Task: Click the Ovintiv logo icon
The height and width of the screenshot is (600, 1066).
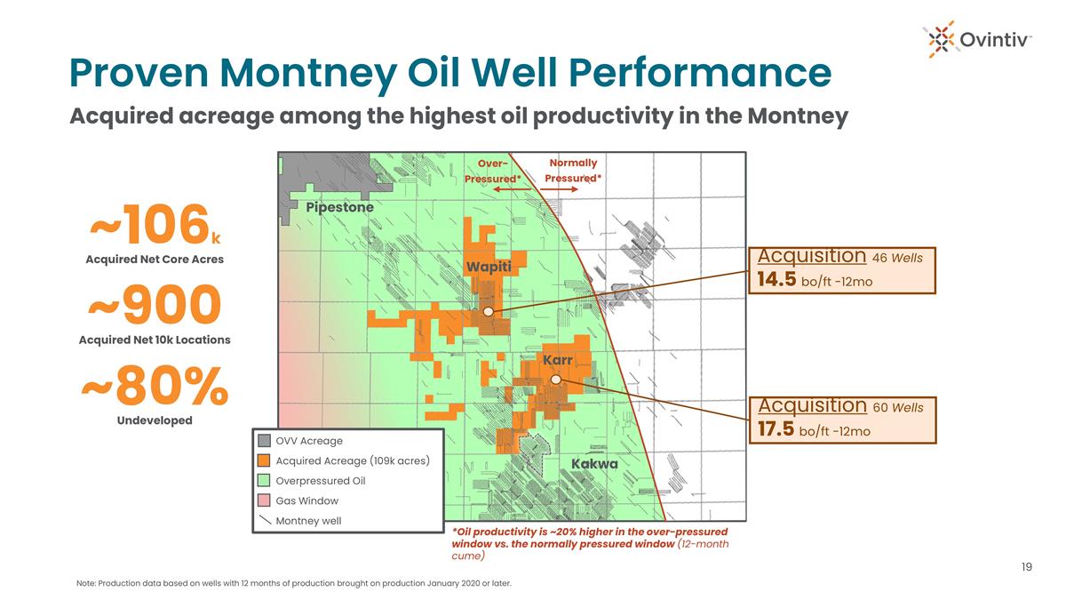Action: tap(939, 39)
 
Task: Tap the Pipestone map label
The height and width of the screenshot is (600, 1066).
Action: tap(339, 208)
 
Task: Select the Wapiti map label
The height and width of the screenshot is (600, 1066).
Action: tap(489, 267)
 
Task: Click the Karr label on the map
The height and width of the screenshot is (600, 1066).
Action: tap(557, 359)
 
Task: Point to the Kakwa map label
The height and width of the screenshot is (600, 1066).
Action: tap(594, 464)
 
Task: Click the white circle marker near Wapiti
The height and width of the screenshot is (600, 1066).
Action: tap(489, 312)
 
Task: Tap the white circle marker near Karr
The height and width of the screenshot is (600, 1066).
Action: tap(556, 380)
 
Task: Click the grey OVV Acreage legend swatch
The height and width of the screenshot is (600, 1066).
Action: tap(264, 441)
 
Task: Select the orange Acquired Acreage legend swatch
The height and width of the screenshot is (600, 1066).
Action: tap(264, 460)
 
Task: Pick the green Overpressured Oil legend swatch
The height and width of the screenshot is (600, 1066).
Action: tap(264, 481)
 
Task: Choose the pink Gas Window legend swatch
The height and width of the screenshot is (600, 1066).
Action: tap(264, 500)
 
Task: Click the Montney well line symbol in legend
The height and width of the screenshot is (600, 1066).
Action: tap(265, 520)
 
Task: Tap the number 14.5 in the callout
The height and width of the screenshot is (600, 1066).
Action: tap(776, 279)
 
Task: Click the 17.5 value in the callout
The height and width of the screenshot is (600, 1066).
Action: tap(776, 428)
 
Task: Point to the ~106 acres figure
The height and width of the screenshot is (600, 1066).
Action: tap(155, 225)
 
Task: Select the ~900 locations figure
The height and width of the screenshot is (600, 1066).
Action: tap(155, 305)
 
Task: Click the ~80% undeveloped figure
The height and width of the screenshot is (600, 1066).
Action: tap(155, 386)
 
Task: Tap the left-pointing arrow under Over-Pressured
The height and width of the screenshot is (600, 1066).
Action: tap(512, 189)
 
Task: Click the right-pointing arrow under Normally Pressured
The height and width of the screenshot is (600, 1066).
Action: tap(559, 189)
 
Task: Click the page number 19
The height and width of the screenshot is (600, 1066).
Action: tap(1027, 567)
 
